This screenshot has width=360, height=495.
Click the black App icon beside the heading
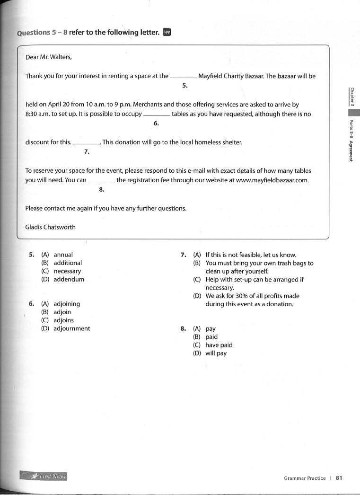pyautogui.click(x=166, y=32)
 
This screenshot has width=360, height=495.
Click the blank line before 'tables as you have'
pyautogui.click(x=156, y=115)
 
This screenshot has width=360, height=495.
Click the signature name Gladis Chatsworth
pyautogui.click(x=50, y=227)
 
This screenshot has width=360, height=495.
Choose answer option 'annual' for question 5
pyautogui.click(x=63, y=255)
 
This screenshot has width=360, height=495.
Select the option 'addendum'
pyautogui.click(x=69, y=279)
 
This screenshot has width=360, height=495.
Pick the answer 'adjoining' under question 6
pyautogui.click(x=67, y=304)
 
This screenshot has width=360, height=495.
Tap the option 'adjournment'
pyautogui.click(x=72, y=328)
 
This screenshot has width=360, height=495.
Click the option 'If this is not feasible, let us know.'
pyautogui.click(x=251, y=255)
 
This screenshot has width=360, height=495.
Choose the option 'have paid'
pyautogui.click(x=219, y=345)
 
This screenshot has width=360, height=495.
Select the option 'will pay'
pyautogui.click(x=216, y=353)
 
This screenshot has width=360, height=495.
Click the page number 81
pyautogui.click(x=339, y=478)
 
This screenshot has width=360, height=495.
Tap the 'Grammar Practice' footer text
pyautogui.click(x=305, y=478)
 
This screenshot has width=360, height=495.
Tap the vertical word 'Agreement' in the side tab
pyautogui.click(x=351, y=151)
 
